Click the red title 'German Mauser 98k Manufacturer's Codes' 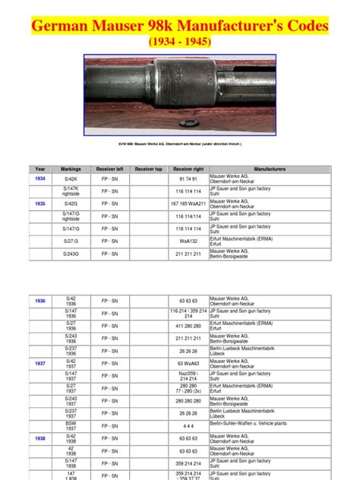coord(180,26)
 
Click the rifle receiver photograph coord(179,94)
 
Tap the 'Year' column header coord(39,169)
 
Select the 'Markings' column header coord(71,169)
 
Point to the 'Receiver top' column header coord(148,169)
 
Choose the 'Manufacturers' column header coord(270,169)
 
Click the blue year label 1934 coord(39,178)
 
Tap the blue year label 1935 coord(39,204)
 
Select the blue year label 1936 coord(39,301)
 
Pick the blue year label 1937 coord(39,364)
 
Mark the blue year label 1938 coord(39,438)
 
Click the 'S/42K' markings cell coord(71,178)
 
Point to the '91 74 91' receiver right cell coord(188,178)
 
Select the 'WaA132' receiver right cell coord(188,241)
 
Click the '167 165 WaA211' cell coord(188,204)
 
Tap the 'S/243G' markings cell coord(71,254)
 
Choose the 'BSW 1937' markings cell coord(71,425)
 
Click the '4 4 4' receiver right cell coord(188,425)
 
